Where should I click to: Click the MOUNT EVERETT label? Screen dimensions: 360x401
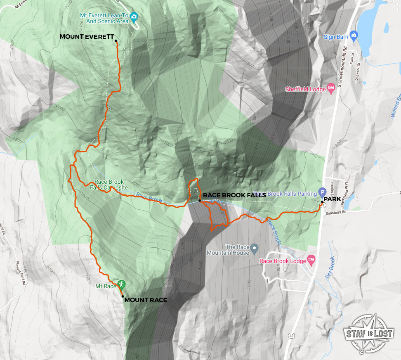(87, 37)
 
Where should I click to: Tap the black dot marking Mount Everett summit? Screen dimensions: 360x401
(116, 41)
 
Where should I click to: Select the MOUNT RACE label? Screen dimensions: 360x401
(146, 300)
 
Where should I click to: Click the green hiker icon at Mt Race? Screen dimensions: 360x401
(121, 284)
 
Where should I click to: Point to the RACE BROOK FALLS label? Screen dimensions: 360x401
(234, 195)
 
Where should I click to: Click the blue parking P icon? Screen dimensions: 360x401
(323, 193)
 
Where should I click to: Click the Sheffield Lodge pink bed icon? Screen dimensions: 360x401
(331, 89)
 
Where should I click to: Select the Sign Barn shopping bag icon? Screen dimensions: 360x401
(353, 34)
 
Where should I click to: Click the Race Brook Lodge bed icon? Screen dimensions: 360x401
(311, 260)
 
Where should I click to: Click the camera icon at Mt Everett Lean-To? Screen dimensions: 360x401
(134, 17)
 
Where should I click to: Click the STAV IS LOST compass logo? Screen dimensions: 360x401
(369, 332)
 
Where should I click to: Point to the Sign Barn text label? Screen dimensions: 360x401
(336, 37)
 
